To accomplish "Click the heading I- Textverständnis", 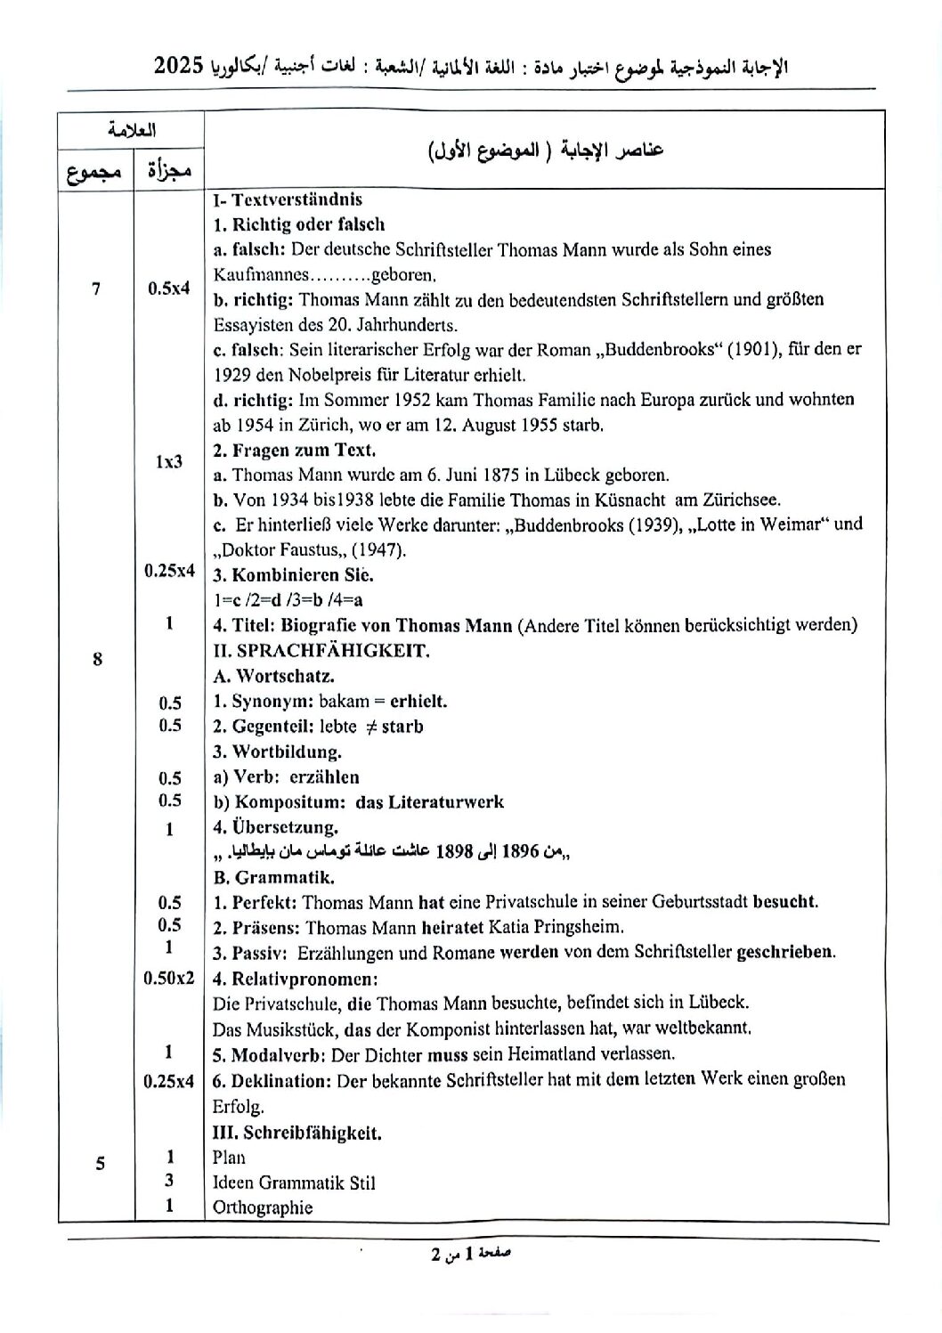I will coord(288,199).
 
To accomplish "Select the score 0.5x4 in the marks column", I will coord(169,288).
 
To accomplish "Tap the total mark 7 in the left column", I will coord(96,288).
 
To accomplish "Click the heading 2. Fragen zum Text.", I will coord(295,450).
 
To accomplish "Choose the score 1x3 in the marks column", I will coord(169,461).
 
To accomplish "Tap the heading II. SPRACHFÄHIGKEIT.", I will coord(321,650).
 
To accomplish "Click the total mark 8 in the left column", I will coord(97,659).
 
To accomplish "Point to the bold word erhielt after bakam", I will coord(418,701).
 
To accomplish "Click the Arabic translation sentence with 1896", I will coord(392,852).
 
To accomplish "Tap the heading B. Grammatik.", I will coord(274,877).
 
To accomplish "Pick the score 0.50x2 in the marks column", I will coord(169,978).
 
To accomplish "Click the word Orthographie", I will coord(263,1207).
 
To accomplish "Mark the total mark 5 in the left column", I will coord(100,1163).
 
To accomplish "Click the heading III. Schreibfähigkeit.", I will coord(296,1133).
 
